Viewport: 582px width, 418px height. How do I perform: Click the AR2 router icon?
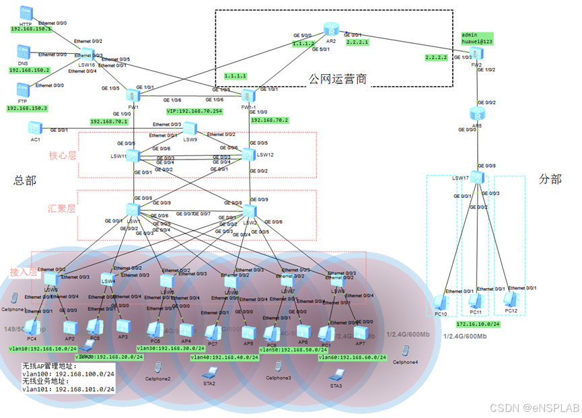click(x=331, y=29)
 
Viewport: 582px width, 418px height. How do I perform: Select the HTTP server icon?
click(x=26, y=12)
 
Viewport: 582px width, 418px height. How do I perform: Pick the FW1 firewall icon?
click(x=133, y=96)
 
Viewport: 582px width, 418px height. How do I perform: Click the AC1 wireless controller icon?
click(x=34, y=127)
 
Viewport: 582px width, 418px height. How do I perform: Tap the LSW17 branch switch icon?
click(x=477, y=178)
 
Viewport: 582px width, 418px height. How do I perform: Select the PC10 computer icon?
click(x=441, y=302)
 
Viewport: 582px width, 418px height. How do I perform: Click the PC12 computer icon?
click(x=511, y=300)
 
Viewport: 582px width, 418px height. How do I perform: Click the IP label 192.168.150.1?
click(x=30, y=30)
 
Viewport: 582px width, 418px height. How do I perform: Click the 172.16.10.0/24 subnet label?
click(x=478, y=324)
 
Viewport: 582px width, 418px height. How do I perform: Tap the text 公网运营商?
click(x=338, y=79)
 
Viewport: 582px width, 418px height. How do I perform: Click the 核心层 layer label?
click(x=63, y=156)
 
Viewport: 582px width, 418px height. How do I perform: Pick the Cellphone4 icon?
click(x=406, y=351)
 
